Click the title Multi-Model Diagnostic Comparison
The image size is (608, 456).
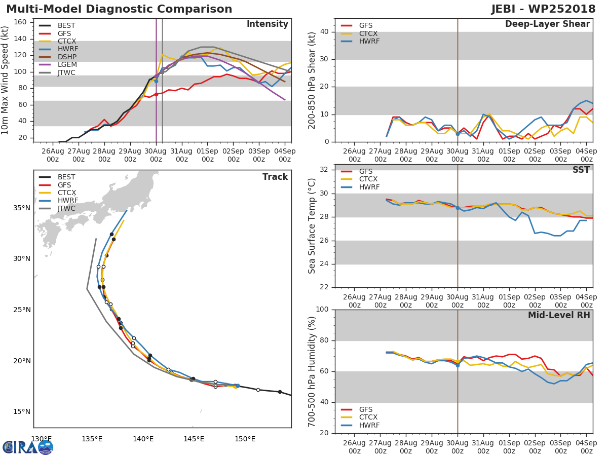point(119,9)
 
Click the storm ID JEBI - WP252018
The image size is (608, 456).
point(543,9)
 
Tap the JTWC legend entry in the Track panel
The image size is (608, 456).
point(66,208)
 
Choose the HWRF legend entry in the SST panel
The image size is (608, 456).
point(368,187)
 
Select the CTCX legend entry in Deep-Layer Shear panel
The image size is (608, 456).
point(368,33)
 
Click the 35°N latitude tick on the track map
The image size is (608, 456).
point(22,208)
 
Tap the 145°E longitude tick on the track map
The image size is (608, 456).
point(194,439)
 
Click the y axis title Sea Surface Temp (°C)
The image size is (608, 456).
point(313,226)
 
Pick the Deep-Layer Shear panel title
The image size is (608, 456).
point(547,24)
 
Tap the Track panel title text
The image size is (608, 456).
point(275,177)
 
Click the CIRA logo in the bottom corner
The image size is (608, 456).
point(28,447)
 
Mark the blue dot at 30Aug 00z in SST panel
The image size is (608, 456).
point(458,208)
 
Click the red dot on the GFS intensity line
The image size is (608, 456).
point(156,94)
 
